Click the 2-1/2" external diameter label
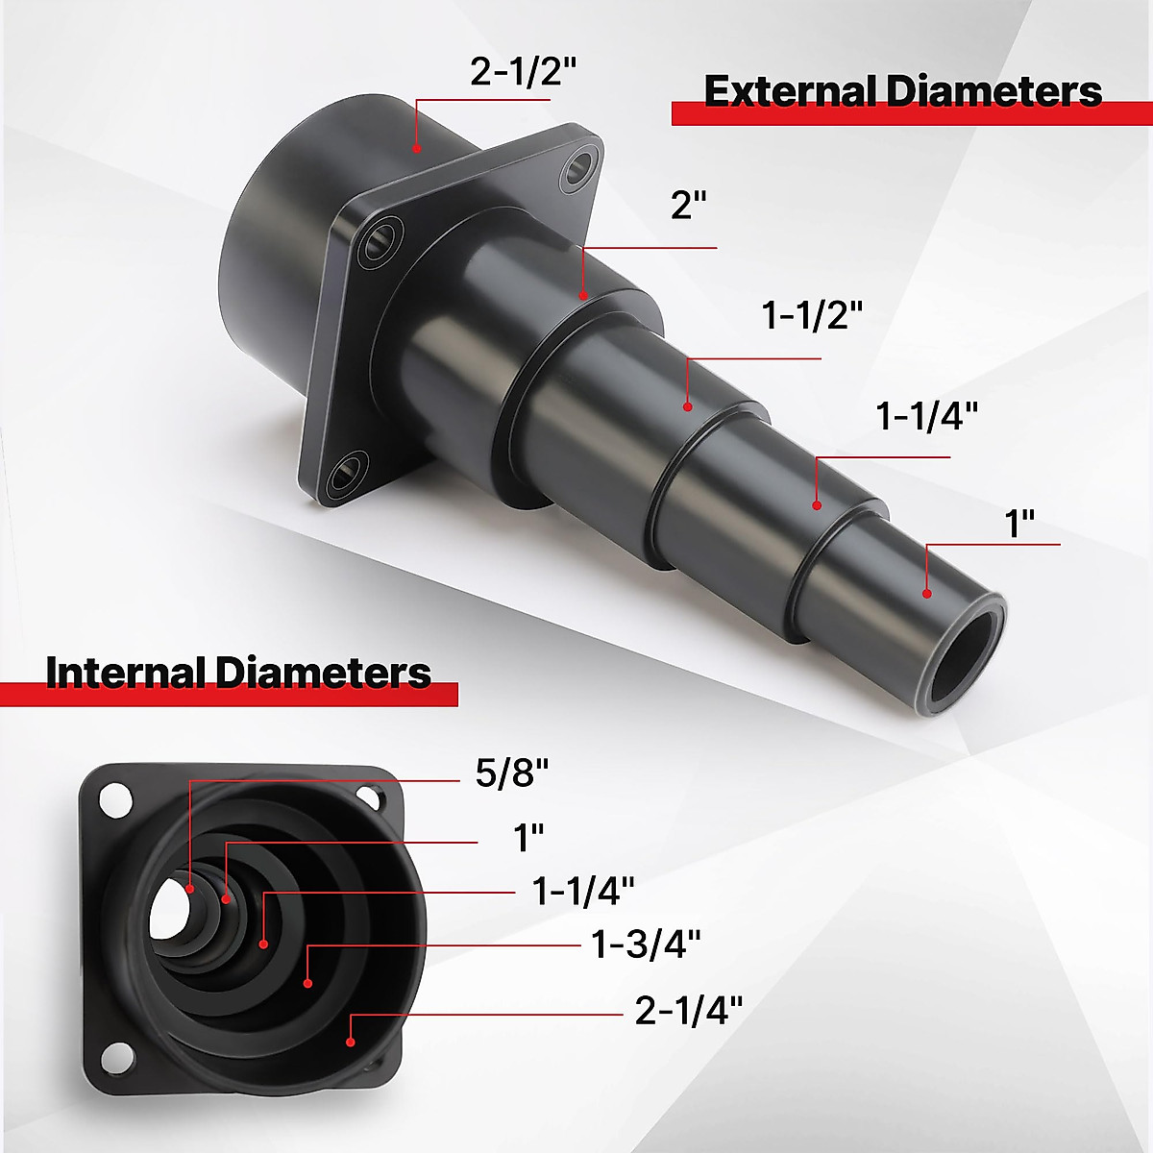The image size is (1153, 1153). point(523,72)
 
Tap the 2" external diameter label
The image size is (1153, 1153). point(689,206)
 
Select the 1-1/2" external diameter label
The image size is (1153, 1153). point(812,315)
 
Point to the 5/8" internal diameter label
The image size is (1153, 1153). point(512,773)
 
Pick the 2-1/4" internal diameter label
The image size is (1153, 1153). point(689,1010)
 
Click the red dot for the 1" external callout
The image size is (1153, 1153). point(927,594)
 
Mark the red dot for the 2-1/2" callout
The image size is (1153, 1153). point(416,148)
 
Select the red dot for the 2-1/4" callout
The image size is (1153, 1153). point(351,1042)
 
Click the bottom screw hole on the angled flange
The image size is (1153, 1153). point(344,474)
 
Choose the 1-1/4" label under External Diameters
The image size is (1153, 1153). point(926,417)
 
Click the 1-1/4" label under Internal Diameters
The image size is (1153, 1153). point(583,891)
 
